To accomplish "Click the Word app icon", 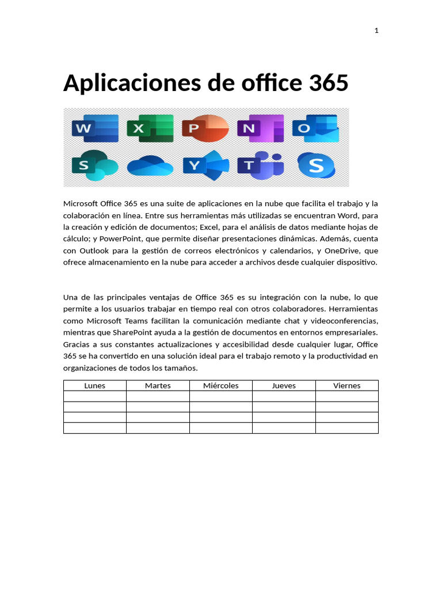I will coord(95,128).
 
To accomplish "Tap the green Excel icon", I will coord(150,128).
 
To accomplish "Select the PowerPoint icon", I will coord(205,128).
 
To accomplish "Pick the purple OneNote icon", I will coord(261,128).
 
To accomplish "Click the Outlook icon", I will coord(315,128).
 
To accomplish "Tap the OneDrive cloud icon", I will coord(150,167).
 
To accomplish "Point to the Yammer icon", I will coord(205,166).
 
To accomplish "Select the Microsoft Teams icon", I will coord(261,165).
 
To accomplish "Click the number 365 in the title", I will coord(328,84).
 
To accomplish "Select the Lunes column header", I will coord(95,385).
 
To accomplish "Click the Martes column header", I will coord(158,385).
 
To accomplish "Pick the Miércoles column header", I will coord(221,385).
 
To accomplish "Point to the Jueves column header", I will coord(284,385).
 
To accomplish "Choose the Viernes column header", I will coord(347,385).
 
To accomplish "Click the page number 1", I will coord(376,31).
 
